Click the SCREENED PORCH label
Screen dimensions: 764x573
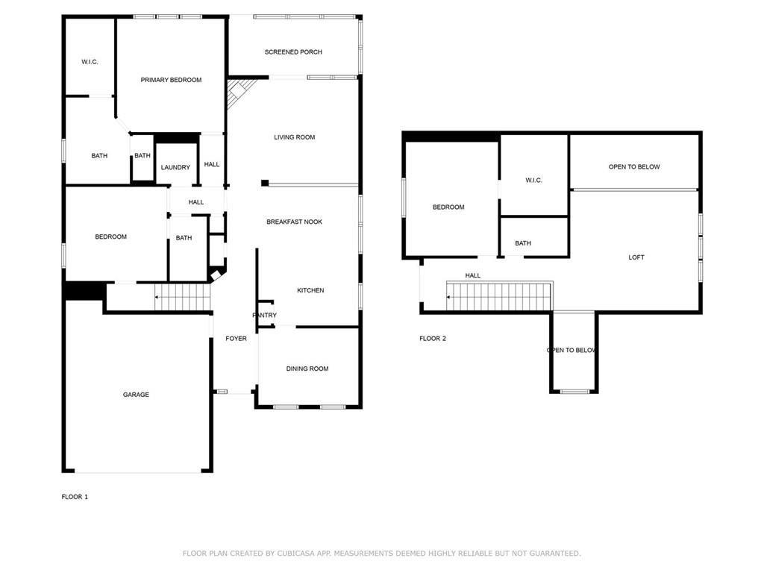click(293, 52)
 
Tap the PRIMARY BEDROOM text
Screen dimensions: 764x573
click(171, 80)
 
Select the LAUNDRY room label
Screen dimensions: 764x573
click(175, 167)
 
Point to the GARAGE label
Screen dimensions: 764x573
click(136, 395)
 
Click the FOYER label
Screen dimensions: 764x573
click(237, 338)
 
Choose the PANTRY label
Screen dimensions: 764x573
click(265, 316)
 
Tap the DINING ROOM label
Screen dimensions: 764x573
click(307, 369)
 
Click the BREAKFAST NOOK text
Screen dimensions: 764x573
click(294, 222)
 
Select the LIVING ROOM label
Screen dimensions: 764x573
click(294, 137)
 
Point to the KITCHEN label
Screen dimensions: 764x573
click(310, 290)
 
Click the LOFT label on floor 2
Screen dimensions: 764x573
click(636, 257)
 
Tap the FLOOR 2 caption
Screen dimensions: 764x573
click(433, 339)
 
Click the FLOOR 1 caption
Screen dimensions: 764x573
click(75, 497)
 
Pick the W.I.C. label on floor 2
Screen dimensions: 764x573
click(533, 181)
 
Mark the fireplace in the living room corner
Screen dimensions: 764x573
click(239, 93)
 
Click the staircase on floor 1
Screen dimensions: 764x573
click(182, 297)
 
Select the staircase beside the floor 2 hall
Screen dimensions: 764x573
click(499, 295)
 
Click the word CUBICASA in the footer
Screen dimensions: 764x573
click(294, 554)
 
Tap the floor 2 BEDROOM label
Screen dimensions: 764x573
click(448, 207)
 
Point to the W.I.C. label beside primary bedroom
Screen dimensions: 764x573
click(90, 62)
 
